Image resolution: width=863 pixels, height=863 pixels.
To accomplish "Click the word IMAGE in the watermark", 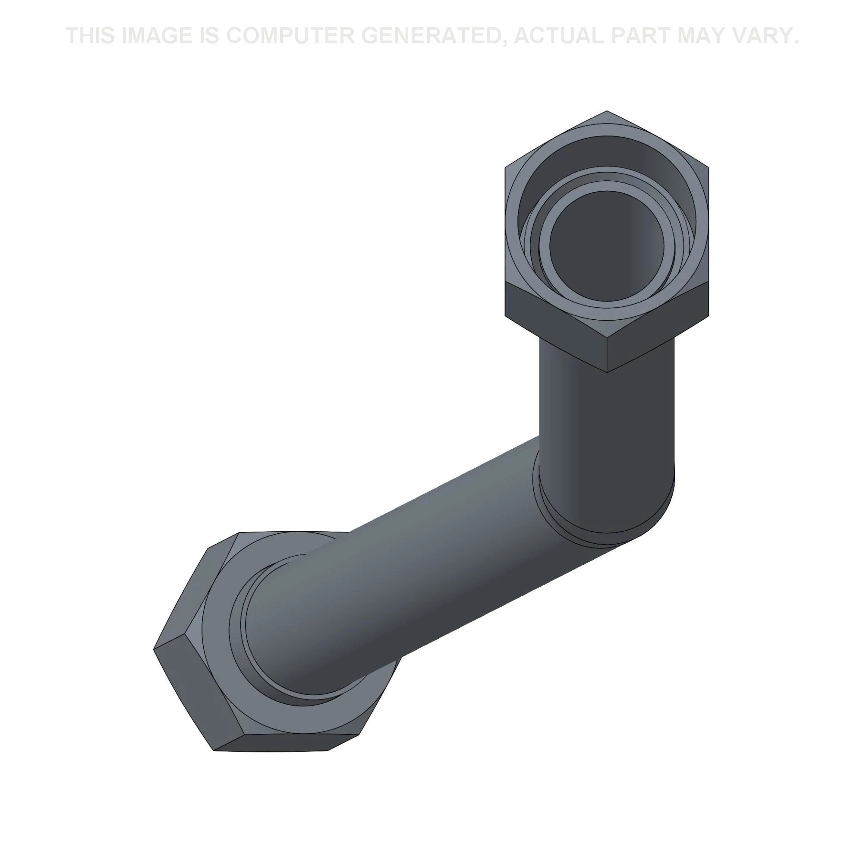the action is (x=155, y=36).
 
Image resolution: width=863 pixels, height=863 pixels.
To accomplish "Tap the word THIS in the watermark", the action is (x=90, y=36).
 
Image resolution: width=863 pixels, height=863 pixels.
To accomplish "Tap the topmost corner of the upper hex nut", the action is (x=606, y=111).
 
